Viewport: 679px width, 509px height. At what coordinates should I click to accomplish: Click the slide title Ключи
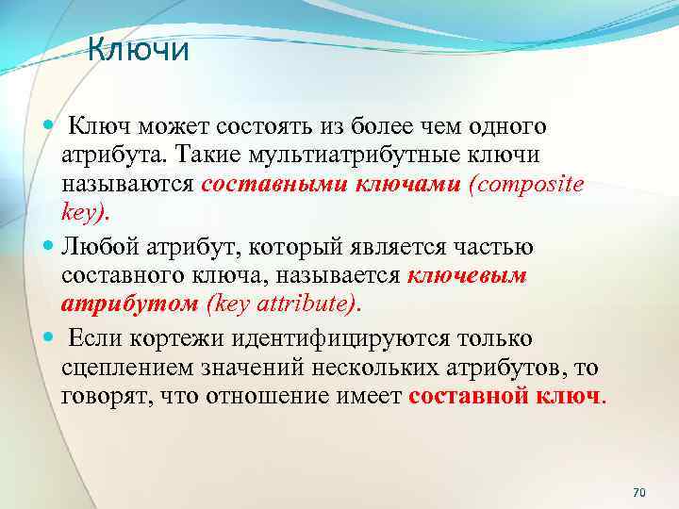139,49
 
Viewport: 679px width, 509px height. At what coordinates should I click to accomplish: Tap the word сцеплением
123,367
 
